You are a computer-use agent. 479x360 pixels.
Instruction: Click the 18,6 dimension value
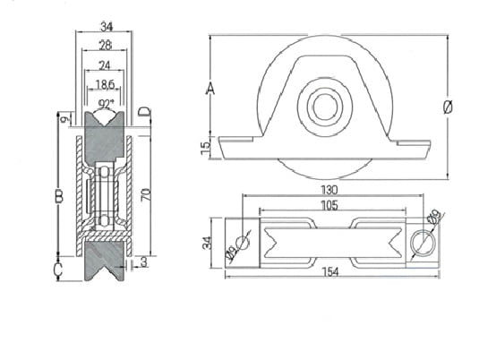coord(105,84)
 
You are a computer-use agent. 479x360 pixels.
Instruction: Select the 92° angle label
coord(106,104)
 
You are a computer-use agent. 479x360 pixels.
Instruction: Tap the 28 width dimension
coord(106,46)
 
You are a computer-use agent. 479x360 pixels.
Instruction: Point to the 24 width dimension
coord(105,65)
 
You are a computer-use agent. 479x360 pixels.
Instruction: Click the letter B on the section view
coord(59,196)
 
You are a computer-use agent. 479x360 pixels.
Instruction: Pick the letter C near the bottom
coord(57,270)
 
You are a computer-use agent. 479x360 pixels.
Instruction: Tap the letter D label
coord(144,112)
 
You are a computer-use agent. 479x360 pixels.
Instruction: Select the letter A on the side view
coord(210,88)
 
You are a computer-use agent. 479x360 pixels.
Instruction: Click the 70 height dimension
coord(146,194)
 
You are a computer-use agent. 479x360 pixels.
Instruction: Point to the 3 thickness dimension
coord(143,261)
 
